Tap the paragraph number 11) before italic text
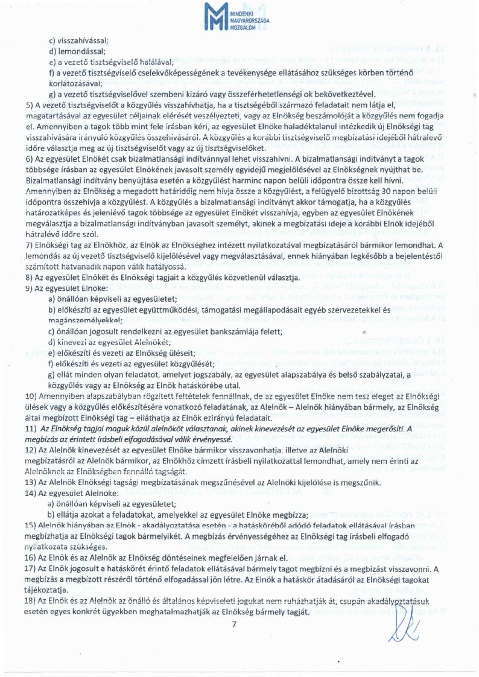coord(31,428)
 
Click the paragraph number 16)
coord(31,558)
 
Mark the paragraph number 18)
coord(31,602)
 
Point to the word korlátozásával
coord(76,83)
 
